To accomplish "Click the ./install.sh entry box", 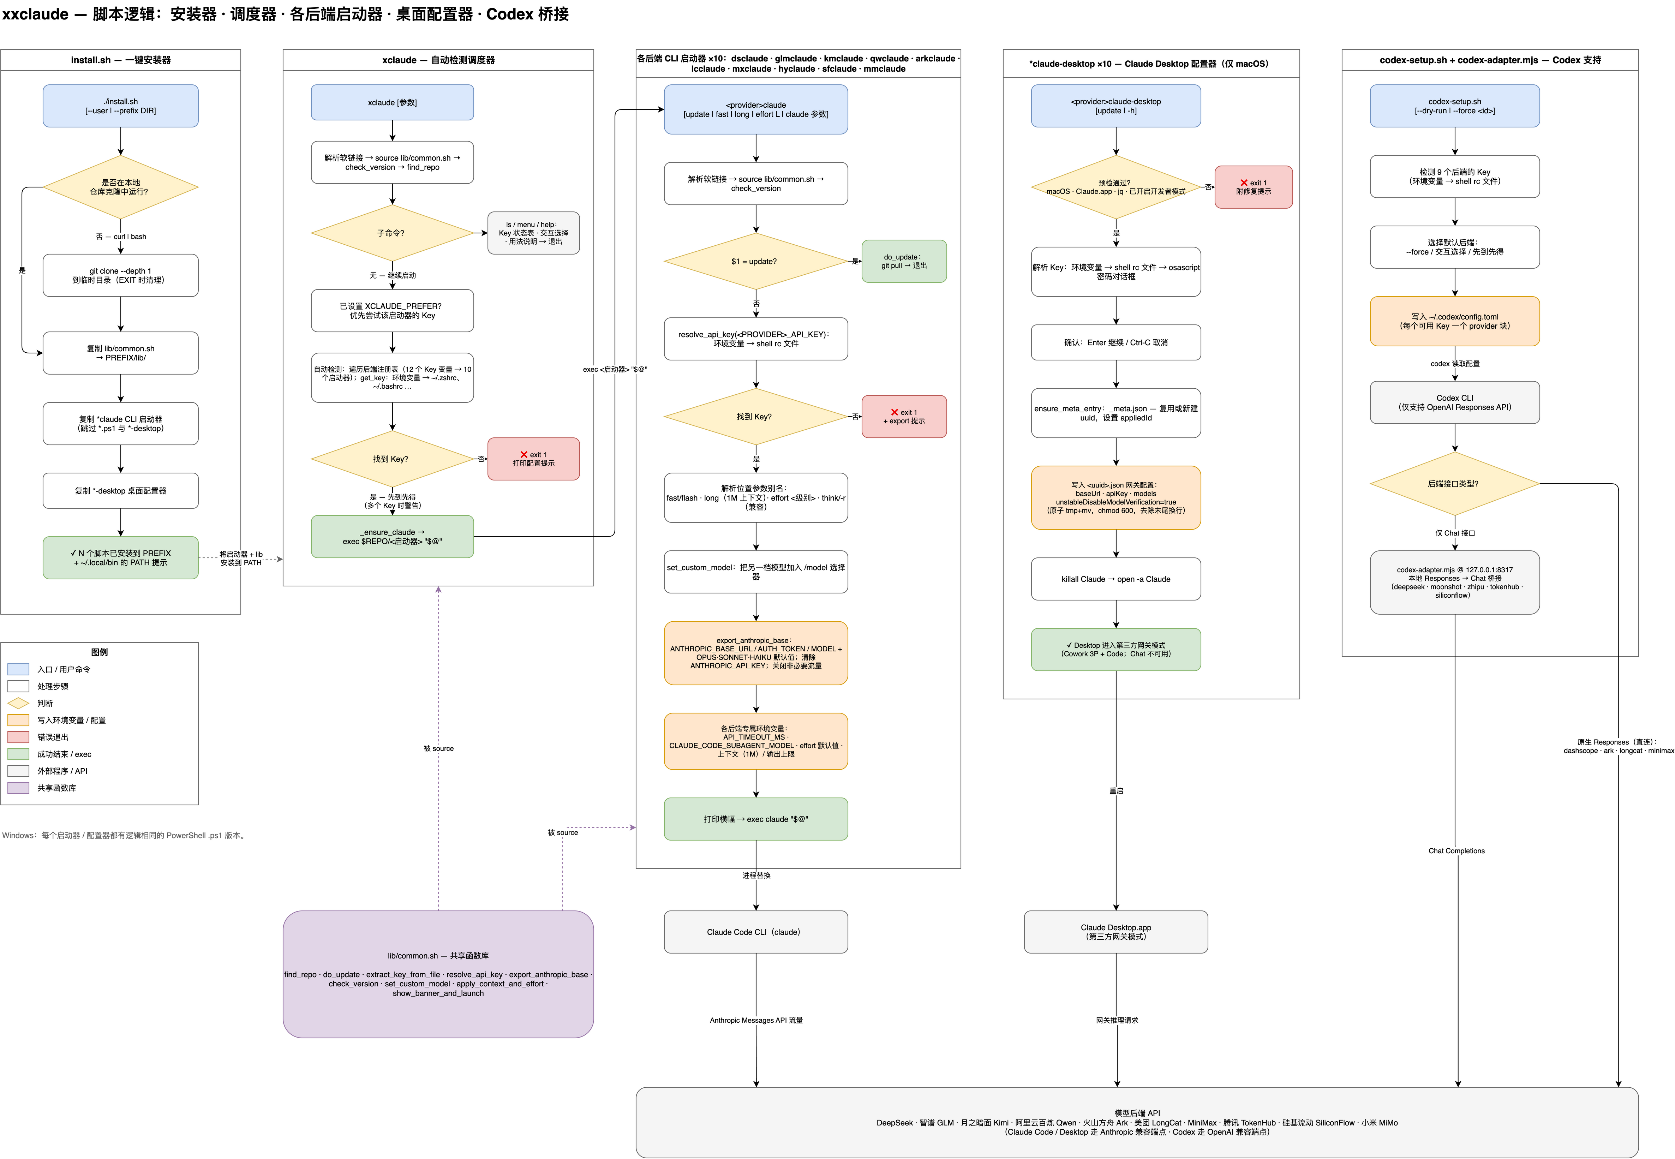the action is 120,106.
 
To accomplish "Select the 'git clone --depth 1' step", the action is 120,275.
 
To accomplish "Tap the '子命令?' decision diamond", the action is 392,233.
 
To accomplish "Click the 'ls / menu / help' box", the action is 534,233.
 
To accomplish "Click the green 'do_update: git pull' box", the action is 904,262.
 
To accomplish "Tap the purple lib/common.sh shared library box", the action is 438,974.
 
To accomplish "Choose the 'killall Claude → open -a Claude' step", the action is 1116,579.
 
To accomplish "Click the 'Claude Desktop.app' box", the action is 1116,932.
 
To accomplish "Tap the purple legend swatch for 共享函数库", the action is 18,788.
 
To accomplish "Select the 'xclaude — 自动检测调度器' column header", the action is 438,60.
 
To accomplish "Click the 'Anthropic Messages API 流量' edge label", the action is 756,1020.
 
